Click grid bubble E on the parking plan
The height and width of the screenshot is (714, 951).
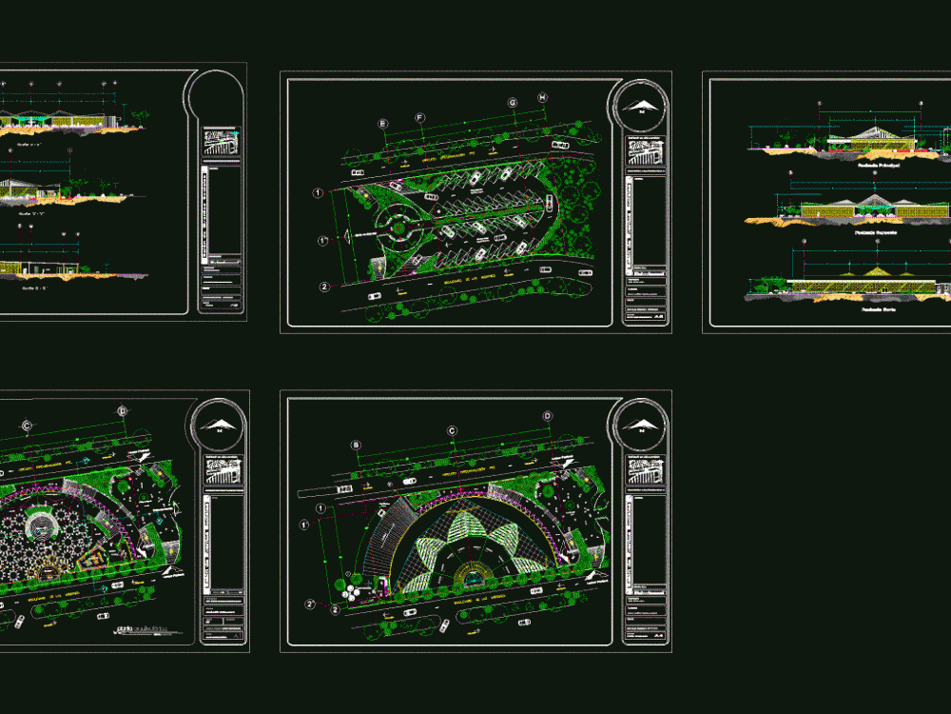point(383,124)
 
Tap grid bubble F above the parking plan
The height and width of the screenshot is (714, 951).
point(420,117)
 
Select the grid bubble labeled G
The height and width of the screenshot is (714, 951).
point(512,102)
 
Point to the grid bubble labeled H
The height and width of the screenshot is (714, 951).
point(542,97)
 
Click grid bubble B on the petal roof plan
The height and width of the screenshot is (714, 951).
point(357,445)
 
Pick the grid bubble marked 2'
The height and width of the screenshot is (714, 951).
point(311,605)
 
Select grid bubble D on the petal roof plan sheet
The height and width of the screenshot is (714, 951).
point(548,416)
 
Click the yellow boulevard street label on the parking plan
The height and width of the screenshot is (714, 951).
point(449,282)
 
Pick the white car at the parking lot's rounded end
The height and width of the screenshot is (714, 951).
point(549,201)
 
